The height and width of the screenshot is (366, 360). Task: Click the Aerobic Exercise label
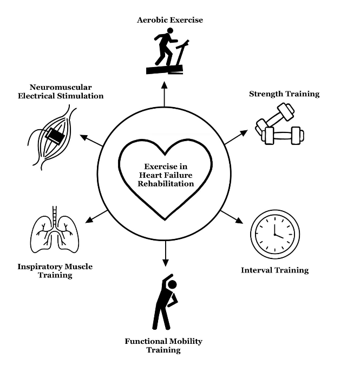pos(170,20)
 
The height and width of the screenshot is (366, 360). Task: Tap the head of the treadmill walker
pos(170,31)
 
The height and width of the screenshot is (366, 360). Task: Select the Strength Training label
pos(284,94)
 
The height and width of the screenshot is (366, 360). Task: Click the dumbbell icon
pos(279,124)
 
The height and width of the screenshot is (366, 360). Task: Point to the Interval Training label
pos(275,270)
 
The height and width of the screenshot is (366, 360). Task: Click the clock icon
pos(275,234)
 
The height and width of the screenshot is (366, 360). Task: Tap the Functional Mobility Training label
pos(163,345)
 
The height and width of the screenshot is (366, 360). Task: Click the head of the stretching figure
pos(172,285)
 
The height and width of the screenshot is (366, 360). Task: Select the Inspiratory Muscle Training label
pos(55,271)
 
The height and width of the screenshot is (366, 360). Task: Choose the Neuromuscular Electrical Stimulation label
pos(61,91)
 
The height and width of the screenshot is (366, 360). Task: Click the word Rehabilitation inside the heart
pos(166,184)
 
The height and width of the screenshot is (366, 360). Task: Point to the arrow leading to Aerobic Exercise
pos(165,94)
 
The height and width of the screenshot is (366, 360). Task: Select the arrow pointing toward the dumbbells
pos(236,137)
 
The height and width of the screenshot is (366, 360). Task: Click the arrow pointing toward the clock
pos(232,217)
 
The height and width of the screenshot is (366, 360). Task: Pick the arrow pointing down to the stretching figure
pos(166,254)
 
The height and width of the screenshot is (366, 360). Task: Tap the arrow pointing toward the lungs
pos(96,217)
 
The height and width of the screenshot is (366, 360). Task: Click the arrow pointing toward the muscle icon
pos(91,140)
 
